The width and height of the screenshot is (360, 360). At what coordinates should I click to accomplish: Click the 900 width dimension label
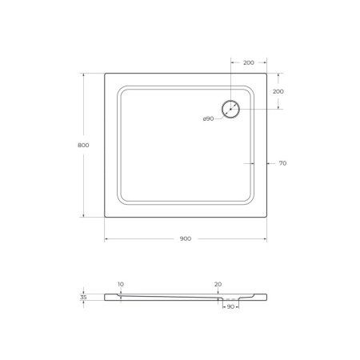186,238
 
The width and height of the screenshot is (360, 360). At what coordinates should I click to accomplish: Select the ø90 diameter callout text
208,118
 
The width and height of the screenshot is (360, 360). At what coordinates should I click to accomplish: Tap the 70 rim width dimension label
282,163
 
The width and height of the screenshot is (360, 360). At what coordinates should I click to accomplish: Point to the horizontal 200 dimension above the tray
249,62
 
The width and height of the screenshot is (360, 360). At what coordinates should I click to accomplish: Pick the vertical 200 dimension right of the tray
278,91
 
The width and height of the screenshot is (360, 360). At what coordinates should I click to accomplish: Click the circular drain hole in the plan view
230,109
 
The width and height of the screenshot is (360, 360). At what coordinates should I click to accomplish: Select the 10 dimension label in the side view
120,284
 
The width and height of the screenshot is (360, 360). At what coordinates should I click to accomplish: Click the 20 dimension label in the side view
218,284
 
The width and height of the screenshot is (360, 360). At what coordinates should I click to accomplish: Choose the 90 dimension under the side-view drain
230,306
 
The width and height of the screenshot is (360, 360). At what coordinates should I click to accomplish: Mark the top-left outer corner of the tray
106,74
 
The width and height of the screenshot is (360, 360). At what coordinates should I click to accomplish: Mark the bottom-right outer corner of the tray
266,218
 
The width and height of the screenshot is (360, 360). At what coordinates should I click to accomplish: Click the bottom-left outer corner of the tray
106,218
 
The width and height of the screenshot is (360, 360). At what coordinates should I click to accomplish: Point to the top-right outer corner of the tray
266,74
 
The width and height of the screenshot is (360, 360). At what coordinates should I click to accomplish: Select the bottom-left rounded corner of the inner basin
122,199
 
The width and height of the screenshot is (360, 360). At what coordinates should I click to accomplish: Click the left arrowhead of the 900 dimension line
107,238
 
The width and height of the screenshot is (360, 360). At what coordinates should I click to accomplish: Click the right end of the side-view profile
266,297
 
